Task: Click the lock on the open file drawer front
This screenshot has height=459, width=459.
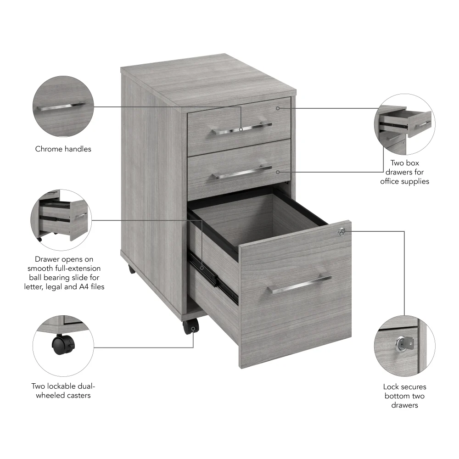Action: point(341,232)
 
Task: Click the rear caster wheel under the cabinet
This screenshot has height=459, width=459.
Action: point(132,269)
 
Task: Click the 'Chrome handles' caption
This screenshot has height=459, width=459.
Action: point(63,149)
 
